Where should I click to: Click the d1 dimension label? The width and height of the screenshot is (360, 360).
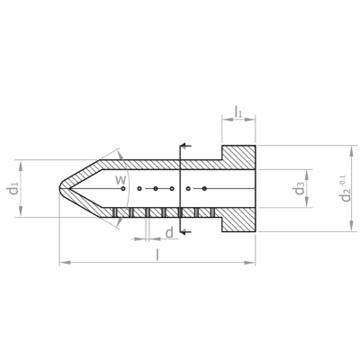(13, 188)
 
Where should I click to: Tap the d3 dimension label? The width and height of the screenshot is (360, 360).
(300, 188)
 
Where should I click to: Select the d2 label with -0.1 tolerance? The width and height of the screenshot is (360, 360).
(345, 189)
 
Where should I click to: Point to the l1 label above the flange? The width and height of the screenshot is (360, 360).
(238, 112)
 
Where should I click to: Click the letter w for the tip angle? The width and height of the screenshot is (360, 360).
(121, 180)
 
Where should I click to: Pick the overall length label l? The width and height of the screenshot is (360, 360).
(157, 255)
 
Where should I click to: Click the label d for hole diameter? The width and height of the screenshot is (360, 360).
(169, 232)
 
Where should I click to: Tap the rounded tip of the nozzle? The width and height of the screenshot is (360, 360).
(60, 188)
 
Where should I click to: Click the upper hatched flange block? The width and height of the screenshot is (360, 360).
(238, 157)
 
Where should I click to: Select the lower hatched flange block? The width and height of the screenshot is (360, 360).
(238, 220)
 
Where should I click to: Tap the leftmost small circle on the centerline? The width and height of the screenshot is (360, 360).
(123, 188)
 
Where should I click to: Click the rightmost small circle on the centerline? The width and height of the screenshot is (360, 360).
(204, 188)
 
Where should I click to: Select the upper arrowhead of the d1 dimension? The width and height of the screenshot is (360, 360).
(21, 166)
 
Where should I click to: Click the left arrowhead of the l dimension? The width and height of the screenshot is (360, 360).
(65, 263)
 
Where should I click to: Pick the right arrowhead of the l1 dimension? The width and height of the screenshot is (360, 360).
(250, 119)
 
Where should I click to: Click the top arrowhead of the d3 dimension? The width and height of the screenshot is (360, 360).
(307, 175)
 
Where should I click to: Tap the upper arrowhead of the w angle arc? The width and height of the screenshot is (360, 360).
(121, 156)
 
